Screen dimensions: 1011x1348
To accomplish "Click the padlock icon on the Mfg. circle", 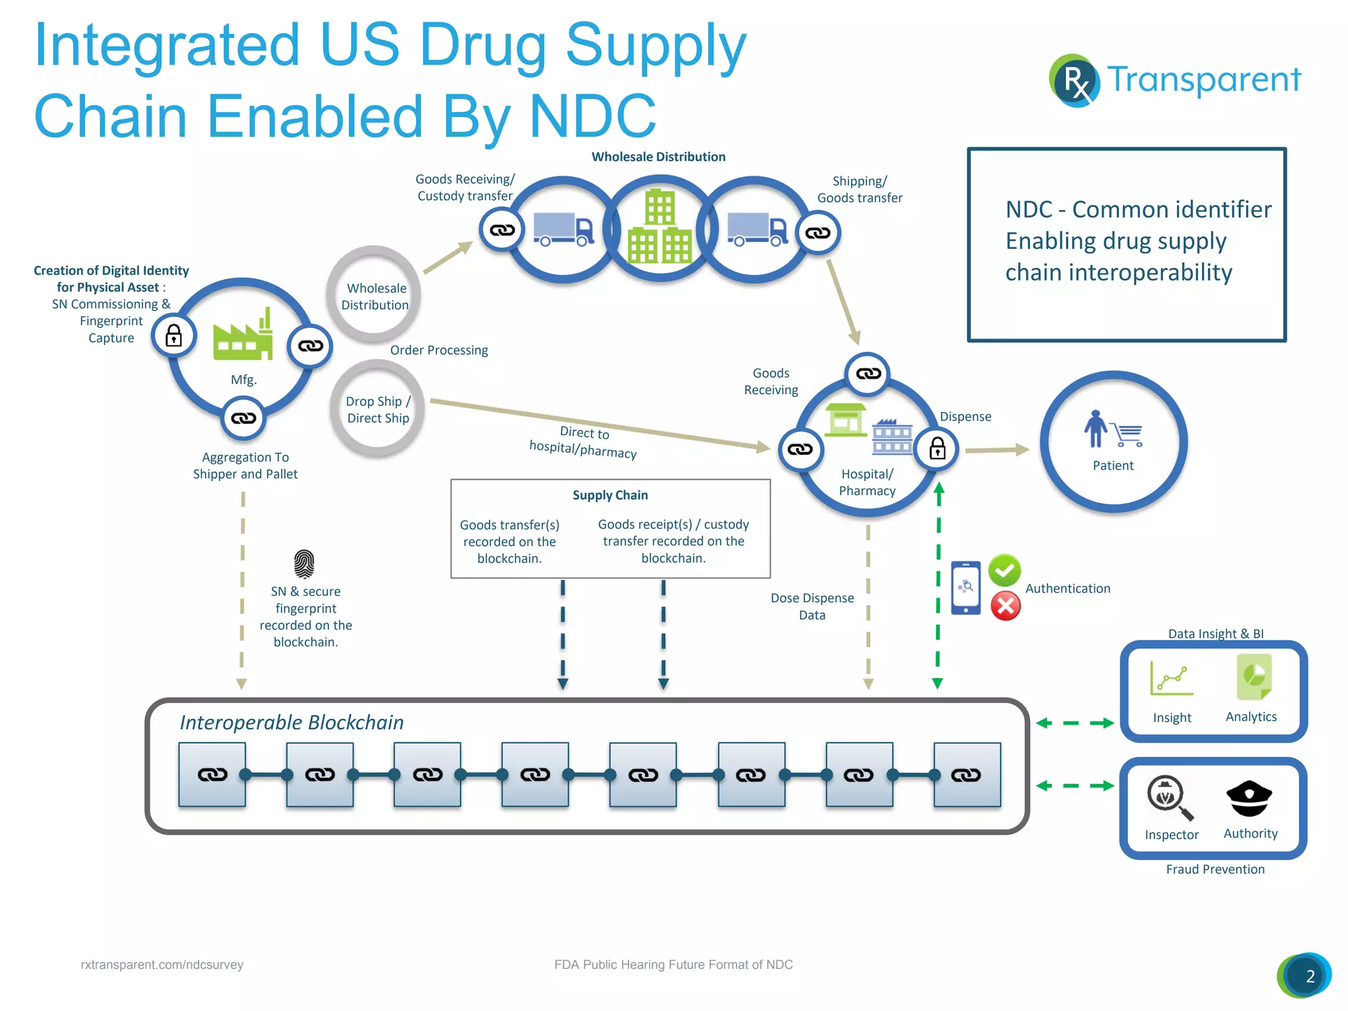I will pos(174,336).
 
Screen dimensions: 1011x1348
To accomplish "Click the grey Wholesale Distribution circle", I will pos(374,296).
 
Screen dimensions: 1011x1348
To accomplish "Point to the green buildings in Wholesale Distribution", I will pos(660,228).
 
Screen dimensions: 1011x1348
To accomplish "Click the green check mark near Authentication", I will pos(1004,570).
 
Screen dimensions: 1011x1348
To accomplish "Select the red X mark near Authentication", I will pos(1006,606).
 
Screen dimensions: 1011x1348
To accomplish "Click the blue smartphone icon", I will pos(966,588).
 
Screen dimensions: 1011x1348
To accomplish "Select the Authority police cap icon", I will pos(1249,798).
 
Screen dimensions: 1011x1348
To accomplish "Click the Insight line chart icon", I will pos(1171,679).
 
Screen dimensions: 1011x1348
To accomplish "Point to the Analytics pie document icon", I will pos(1253,677).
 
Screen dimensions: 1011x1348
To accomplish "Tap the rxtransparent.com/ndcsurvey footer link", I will pos(162,965).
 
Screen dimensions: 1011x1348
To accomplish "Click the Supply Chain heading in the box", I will pos(610,496).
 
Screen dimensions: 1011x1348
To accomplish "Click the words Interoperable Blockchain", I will pos(292,723).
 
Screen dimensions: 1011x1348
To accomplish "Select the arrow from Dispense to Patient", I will pos(997,450).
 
